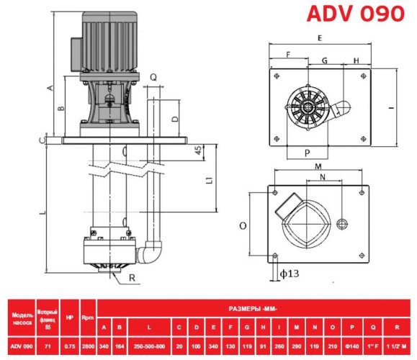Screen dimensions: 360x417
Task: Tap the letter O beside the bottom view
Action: [x=243, y=225]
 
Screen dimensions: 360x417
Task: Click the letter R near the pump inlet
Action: [x=132, y=277]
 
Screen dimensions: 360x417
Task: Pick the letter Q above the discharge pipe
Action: [x=153, y=75]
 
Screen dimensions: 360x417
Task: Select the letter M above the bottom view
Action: [x=318, y=166]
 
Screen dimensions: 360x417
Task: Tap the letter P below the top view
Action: [x=307, y=153]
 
